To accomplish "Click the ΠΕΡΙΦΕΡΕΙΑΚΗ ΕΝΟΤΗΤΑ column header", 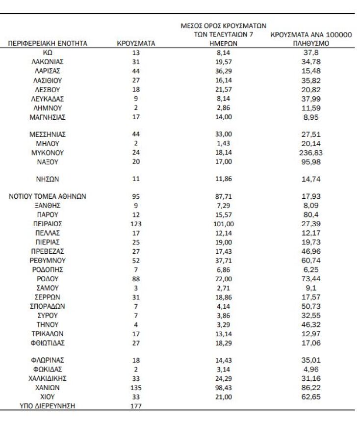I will click(x=48, y=44).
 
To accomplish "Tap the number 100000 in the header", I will click(x=340, y=35).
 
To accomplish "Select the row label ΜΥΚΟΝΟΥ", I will click(x=48, y=153).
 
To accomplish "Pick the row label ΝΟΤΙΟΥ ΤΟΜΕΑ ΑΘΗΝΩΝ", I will click(x=48, y=196).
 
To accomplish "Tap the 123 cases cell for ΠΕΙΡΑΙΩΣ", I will click(x=136, y=223).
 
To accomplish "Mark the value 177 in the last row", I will click(x=136, y=405).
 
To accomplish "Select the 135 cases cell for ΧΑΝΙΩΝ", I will click(x=136, y=387).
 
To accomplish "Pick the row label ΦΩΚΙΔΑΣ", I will click(x=48, y=369).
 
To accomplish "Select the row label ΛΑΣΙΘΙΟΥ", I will click(x=48, y=80).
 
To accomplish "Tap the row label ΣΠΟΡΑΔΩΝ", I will click(x=48, y=306).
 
